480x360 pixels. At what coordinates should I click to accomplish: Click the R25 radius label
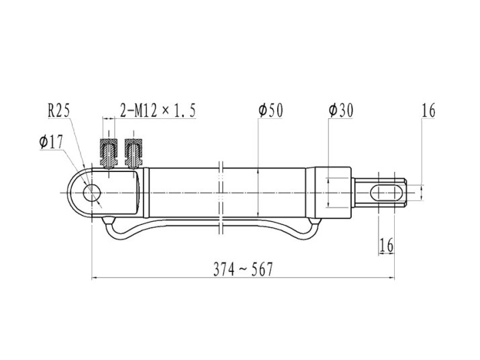(x=59, y=110)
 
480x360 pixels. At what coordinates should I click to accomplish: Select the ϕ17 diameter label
(x=51, y=142)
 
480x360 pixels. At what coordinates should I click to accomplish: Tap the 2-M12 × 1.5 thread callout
(x=158, y=110)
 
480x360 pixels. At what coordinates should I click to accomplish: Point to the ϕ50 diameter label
(x=271, y=110)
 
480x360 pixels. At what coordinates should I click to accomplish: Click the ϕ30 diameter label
(x=341, y=110)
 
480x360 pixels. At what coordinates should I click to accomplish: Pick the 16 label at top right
(x=428, y=111)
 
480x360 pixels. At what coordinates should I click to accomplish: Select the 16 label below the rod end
(x=386, y=245)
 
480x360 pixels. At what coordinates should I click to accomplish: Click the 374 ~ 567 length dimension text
(x=243, y=269)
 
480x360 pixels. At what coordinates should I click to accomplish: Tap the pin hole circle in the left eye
(x=92, y=193)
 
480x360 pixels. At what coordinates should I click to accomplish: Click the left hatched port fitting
(x=109, y=153)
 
